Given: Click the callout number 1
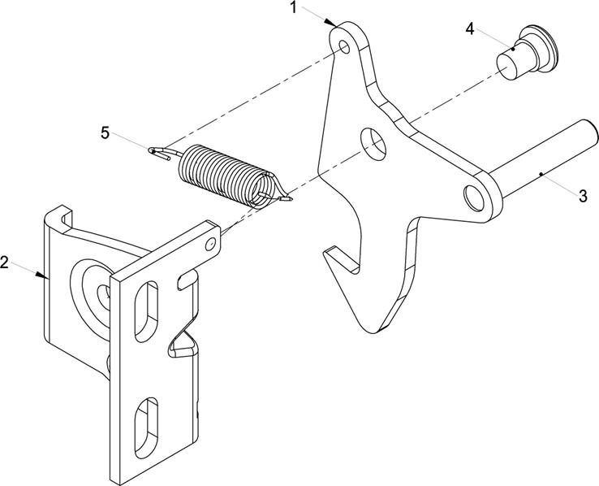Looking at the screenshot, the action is (293, 7).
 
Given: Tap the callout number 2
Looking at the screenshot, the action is (4, 263).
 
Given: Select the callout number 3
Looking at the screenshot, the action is (583, 196).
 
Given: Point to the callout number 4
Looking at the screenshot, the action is (469, 28).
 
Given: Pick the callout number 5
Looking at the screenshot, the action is (105, 133).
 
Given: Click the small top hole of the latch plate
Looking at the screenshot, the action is (344, 46).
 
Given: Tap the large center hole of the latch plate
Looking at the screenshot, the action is (373, 144).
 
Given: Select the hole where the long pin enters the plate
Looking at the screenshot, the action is (473, 197).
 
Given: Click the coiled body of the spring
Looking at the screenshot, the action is (226, 175).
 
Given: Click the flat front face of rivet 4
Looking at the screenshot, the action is (508, 67).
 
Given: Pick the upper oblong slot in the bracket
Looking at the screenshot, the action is (146, 311).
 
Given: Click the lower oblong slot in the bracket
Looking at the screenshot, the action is (146, 427).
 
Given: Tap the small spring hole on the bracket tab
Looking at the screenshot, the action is (209, 244).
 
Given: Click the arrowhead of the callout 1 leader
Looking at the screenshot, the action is (331, 23).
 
